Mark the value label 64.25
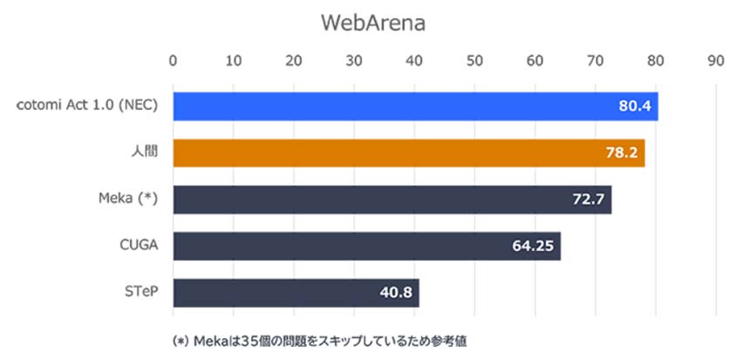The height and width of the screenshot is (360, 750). tap(534, 246)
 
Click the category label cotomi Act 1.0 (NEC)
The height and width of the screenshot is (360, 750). tap(88, 105)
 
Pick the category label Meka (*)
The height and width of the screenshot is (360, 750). tap(127, 200)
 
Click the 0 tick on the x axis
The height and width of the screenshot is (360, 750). tap(174, 62)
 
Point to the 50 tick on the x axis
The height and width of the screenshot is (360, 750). tap(474, 62)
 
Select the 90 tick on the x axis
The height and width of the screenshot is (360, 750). tap(716, 62)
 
